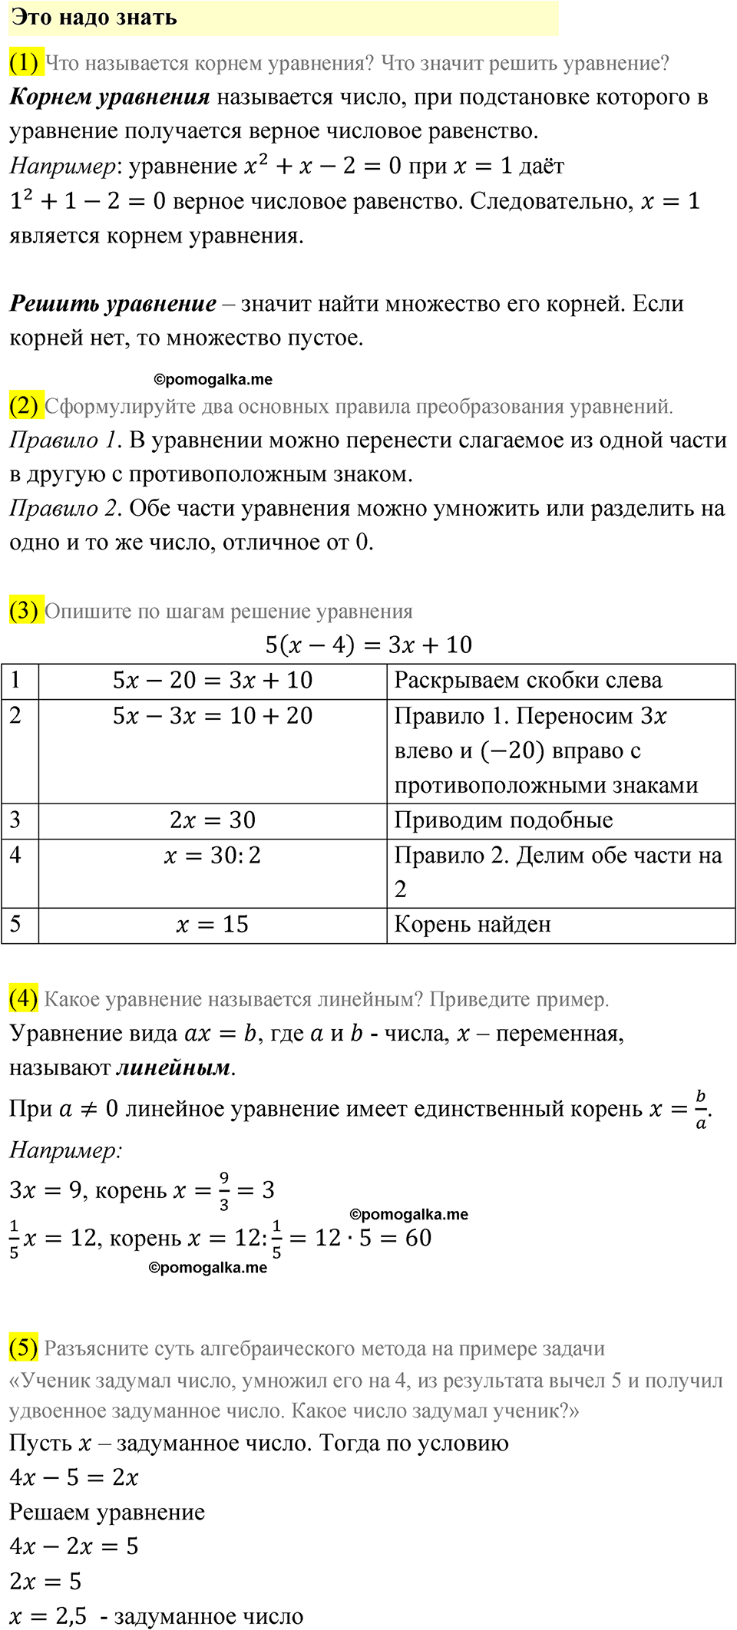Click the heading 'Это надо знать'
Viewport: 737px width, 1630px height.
94,18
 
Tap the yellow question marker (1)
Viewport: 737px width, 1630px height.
24,62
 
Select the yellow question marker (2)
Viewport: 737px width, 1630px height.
24,405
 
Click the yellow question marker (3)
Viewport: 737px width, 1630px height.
24,611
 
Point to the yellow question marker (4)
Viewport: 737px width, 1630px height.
24,998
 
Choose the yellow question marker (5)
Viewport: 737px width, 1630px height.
24,1348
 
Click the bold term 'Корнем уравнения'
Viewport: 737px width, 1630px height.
110,97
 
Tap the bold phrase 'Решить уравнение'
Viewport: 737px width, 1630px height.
113,304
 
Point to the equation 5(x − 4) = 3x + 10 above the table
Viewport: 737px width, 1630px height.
368,645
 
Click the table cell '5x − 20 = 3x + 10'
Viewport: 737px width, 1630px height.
213,681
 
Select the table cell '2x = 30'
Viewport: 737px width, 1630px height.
213,820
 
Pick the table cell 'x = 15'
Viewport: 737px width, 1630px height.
213,925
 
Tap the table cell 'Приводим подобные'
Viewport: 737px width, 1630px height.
504,820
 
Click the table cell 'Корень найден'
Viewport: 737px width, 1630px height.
473,925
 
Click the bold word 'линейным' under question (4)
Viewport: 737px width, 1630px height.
174,1068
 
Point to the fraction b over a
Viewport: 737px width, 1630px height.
700,1110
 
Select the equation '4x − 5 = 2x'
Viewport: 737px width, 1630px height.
74,1478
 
